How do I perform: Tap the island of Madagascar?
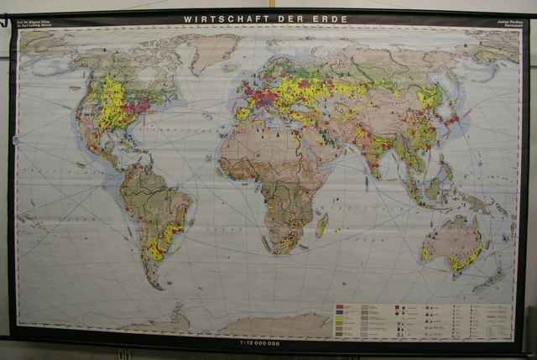(321, 224)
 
